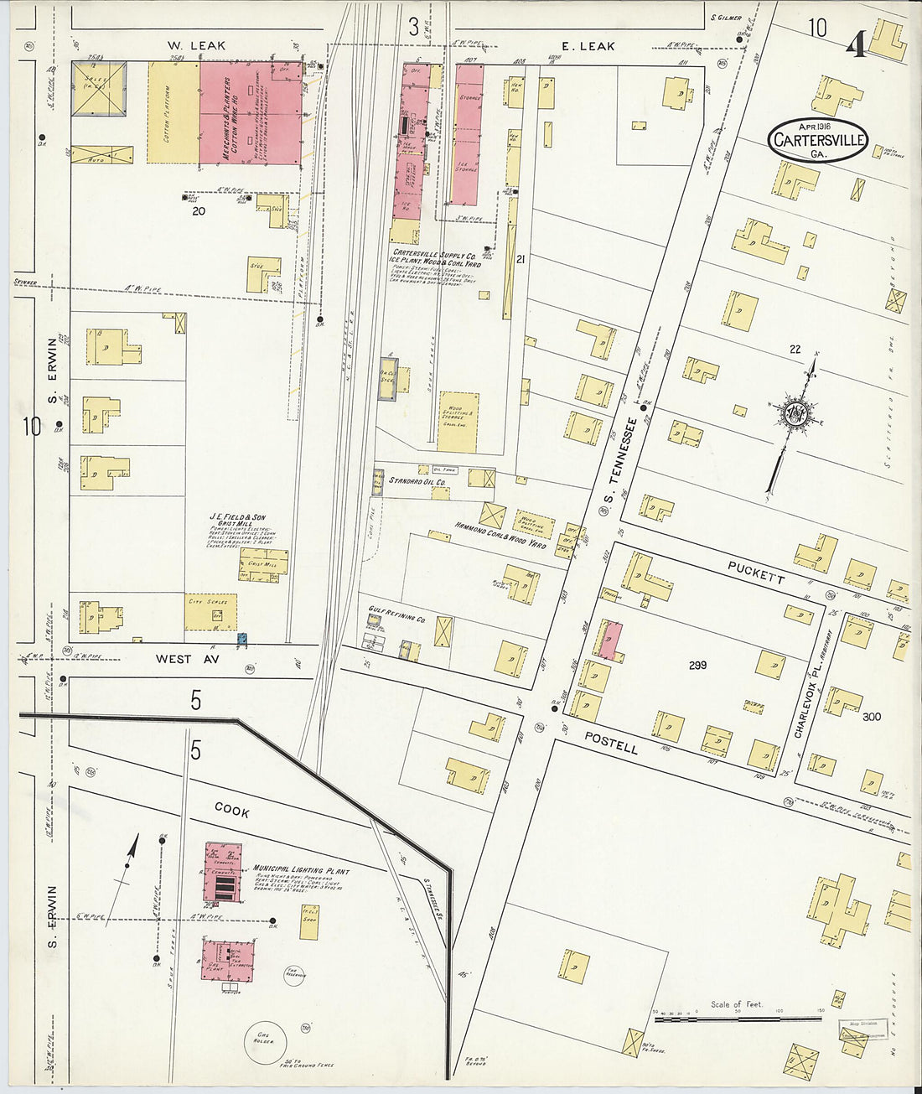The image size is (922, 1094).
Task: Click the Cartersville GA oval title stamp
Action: [x=817, y=140]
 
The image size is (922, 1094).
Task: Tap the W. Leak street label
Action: [x=196, y=45]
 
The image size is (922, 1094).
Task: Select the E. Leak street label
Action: [x=588, y=46]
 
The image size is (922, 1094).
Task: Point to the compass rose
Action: [x=792, y=414]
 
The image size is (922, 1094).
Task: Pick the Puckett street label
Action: [x=756, y=573]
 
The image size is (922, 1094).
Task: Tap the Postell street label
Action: [x=611, y=743]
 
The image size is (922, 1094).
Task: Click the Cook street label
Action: [x=232, y=810]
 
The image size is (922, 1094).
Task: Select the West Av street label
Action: [x=185, y=660]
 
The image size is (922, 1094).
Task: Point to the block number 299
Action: [x=697, y=665]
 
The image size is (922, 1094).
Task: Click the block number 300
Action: [x=872, y=716]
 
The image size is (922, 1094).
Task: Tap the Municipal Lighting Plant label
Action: [x=301, y=870]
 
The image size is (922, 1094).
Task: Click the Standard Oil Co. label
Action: [x=417, y=481]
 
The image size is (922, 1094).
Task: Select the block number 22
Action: [x=795, y=349]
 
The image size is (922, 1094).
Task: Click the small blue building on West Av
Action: [x=242, y=639]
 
